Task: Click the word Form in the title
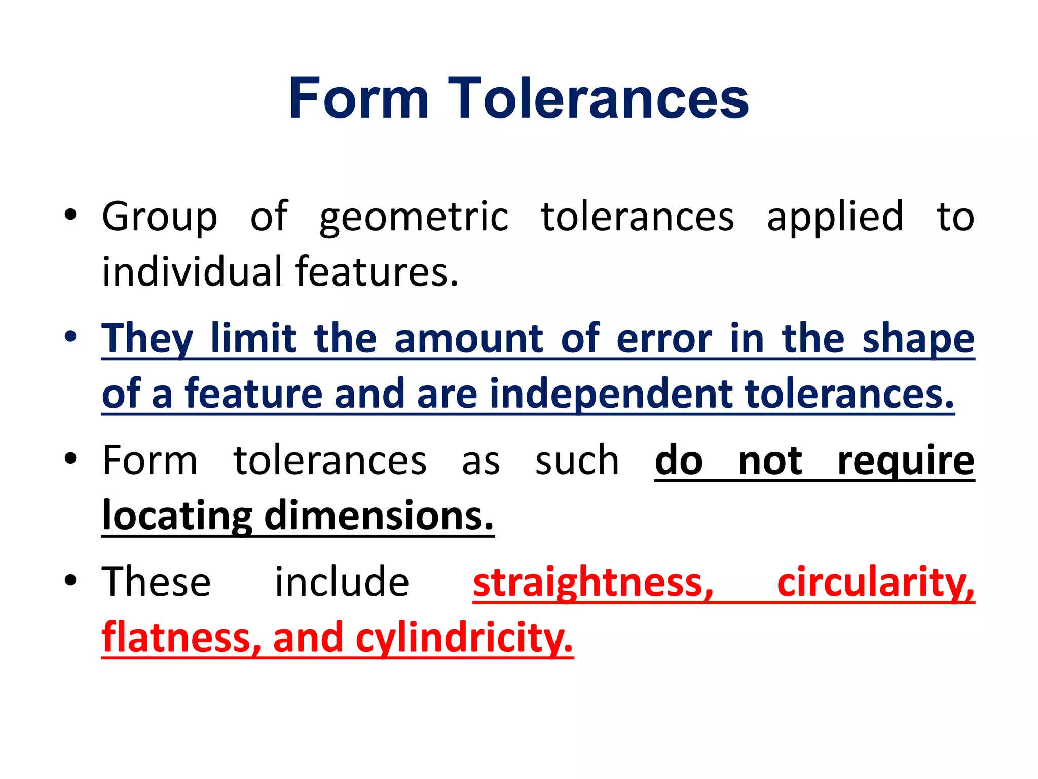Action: pos(359,98)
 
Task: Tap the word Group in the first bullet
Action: pos(160,217)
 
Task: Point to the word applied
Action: pos(835,217)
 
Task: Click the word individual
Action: pos(191,272)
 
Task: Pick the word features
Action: pos(377,272)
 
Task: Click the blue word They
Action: pos(147,339)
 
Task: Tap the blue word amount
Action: pos(469,339)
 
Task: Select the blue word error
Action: pos(664,339)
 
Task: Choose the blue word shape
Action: pos(918,339)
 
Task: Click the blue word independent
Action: pos(611,394)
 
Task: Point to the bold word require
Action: pos(906,461)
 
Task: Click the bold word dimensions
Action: pos(379,516)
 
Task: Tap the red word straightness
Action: pos(593,583)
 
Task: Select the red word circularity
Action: pos(875,583)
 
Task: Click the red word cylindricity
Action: pos(464,639)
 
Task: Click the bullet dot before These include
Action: pos(70,580)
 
